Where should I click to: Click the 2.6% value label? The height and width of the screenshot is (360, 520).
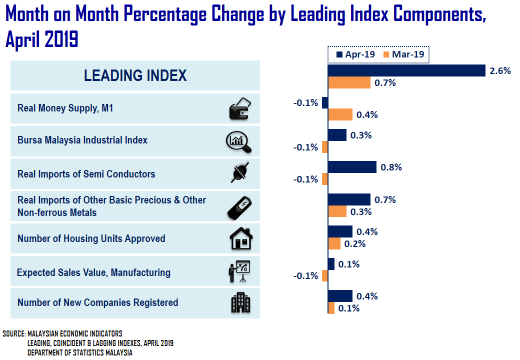(x=500, y=71)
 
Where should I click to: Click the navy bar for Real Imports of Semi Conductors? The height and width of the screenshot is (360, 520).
(x=352, y=167)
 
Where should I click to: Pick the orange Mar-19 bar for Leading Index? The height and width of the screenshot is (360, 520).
(x=349, y=82)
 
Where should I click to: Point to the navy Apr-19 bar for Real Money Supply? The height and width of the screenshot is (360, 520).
(x=325, y=102)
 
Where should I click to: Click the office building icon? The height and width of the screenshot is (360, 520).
(x=240, y=302)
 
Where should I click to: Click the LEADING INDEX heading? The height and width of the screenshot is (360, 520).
(x=135, y=75)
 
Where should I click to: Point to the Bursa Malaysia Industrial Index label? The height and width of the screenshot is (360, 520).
(x=82, y=140)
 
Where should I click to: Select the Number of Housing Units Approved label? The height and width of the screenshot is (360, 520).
(x=91, y=238)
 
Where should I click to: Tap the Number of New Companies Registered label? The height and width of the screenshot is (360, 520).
(x=97, y=302)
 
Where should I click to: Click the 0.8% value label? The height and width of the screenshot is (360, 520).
(x=391, y=167)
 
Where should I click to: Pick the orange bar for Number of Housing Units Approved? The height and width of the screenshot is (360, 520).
(x=334, y=243)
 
